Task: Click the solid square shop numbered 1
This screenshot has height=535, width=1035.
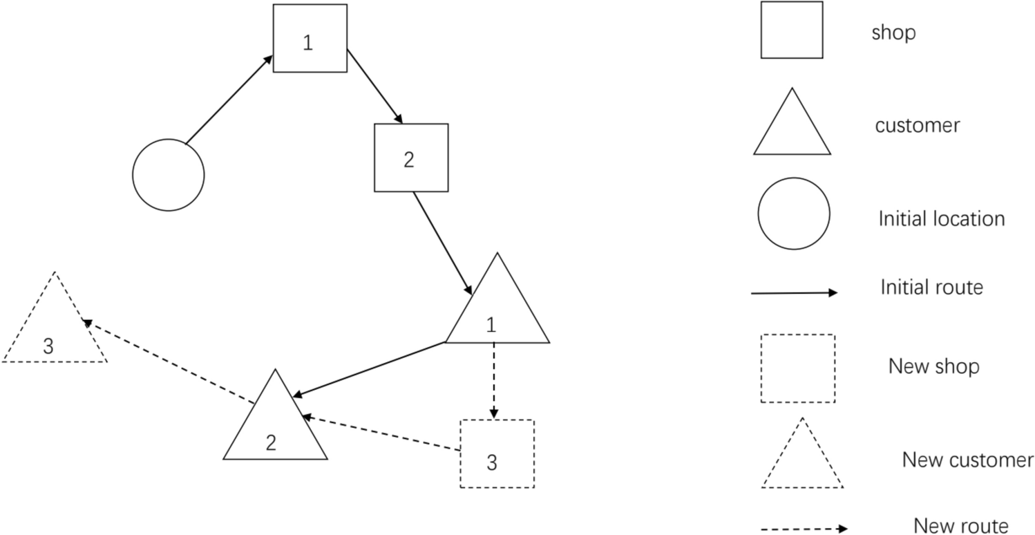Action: click(x=310, y=38)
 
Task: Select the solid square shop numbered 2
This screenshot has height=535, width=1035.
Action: click(x=410, y=158)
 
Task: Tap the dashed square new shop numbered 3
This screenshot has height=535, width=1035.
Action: click(x=497, y=453)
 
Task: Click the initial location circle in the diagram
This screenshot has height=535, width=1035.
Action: click(x=168, y=174)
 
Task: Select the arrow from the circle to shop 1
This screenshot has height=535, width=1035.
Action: click(x=229, y=100)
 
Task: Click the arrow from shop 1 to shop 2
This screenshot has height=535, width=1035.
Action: click(x=374, y=86)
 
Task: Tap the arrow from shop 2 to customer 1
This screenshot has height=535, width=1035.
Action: click(x=443, y=243)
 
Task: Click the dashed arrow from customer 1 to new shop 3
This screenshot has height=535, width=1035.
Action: click(x=493, y=380)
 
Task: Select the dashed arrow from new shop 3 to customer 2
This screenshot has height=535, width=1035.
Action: click(x=381, y=433)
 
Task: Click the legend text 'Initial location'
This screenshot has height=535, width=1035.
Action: click(x=941, y=219)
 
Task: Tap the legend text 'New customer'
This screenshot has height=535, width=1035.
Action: click(x=967, y=460)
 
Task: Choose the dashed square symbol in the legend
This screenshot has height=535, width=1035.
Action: click(x=797, y=368)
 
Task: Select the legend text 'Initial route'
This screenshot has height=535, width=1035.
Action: click(x=931, y=287)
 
